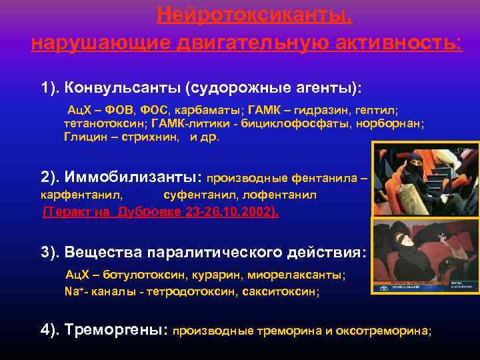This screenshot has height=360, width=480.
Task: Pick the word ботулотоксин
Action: click(x=138, y=275)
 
